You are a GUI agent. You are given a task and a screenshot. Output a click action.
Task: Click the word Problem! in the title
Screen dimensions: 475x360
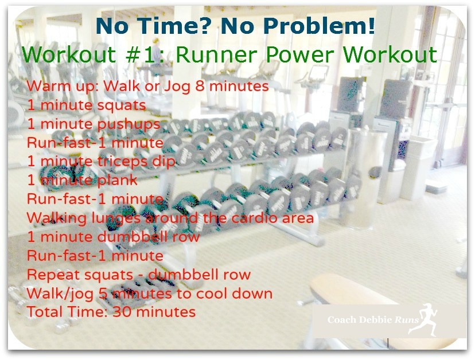[x=320, y=26]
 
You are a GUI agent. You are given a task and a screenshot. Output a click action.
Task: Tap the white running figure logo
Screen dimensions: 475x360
[x=427, y=319]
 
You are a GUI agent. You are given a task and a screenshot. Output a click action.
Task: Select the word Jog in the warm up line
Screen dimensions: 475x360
[x=177, y=87]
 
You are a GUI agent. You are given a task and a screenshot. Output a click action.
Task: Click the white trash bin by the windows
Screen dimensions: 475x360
[x=419, y=168]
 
